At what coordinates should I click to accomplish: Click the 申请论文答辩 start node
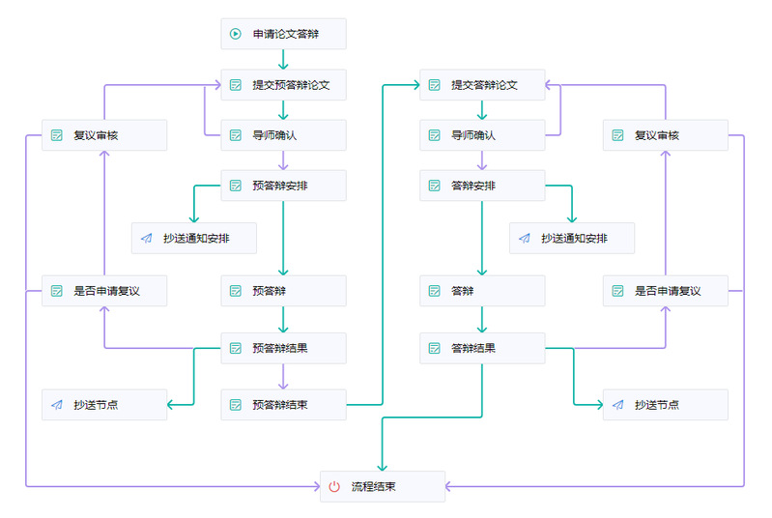point(283,34)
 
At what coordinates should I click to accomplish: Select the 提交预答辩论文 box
point(283,85)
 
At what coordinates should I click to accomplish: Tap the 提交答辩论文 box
point(482,85)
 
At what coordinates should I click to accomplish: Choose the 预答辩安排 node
point(283,186)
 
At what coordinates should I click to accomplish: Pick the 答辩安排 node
point(482,186)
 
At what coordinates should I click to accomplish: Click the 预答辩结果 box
point(283,348)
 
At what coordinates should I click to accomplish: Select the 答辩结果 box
point(482,348)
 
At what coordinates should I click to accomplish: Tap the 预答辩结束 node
point(283,405)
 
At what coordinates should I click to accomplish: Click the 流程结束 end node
point(383,486)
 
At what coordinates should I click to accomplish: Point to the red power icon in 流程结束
point(334,486)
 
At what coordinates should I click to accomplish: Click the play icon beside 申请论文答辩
point(236,34)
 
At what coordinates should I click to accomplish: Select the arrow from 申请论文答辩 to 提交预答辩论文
point(283,59)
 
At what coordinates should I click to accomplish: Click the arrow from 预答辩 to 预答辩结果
point(283,320)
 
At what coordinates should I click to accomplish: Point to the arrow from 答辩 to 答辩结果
point(482,320)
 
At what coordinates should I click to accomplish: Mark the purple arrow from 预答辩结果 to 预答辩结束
point(283,377)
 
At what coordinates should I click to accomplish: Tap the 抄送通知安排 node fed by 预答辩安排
point(194,239)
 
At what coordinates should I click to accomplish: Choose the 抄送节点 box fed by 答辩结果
point(665,405)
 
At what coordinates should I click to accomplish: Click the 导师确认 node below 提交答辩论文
point(482,135)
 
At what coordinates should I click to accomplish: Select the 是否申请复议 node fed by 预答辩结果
point(104,291)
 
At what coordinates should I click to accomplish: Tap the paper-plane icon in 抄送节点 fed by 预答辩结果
point(57,405)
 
